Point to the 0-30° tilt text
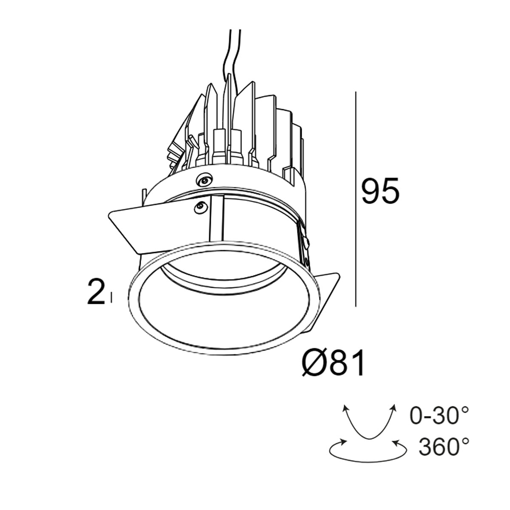click(x=439, y=416)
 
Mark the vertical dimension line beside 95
click(x=355, y=198)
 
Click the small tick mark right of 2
click(x=111, y=296)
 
